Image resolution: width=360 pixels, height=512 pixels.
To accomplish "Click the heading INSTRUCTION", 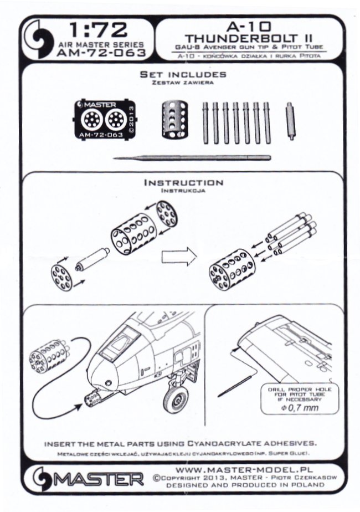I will coord(183,182).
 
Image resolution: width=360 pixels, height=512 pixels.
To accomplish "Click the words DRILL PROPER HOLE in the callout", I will coord(297,390).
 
